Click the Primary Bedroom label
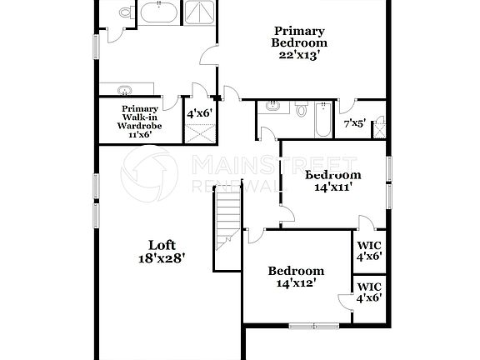pyautogui.click(x=299, y=37)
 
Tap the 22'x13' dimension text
pyautogui.click(x=299, y=56)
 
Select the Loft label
pyautogui.click(x=162, y=244)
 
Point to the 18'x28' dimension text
pyautogui.click(x=162, y=258)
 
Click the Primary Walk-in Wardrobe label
pyautogui.click(x=140, y=121)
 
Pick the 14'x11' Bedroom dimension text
pyautogui.click(x=332, y=187)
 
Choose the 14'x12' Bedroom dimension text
pyautogui.click(x=295, y=284)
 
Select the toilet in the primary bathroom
pyautogui.click(x=125, y=12)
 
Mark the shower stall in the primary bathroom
pyautogui.click(x=198, y=12)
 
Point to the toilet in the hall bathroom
pyautogui.click(x=301, y=109)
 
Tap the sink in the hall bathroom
pyautogui.click(x=273, y=106)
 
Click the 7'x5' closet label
pyautogui.click(x=354, y=123)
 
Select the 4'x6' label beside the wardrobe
pyautogui.click(x=199, y=112)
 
